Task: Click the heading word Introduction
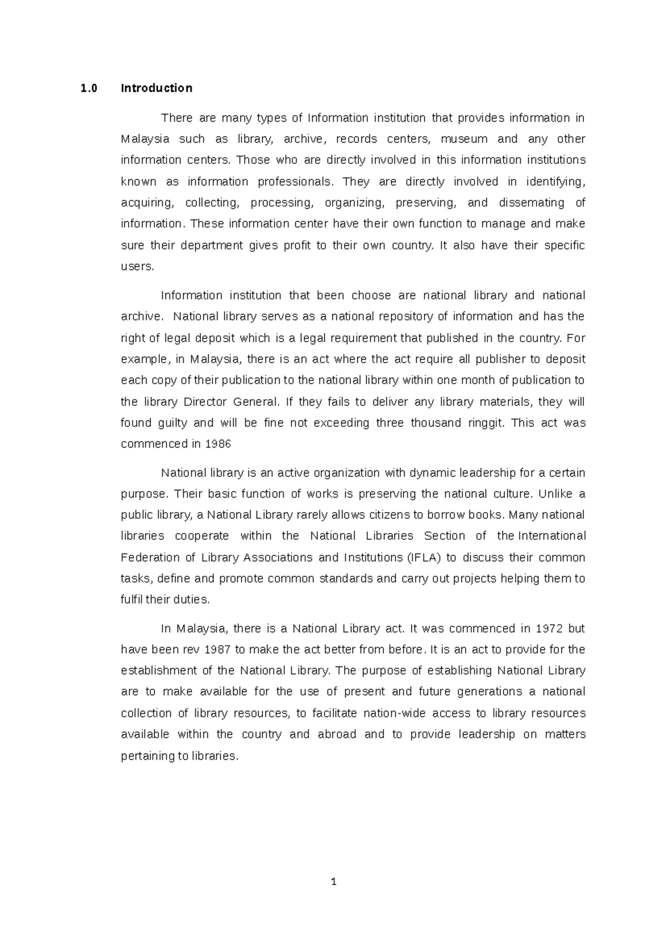pos(157,88)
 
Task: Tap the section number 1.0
pos(88,88)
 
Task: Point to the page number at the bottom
pos(333,881)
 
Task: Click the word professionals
pos(296,182)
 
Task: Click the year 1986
pos(218,444)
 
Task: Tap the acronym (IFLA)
pos(423,558)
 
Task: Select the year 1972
pos(549,629)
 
